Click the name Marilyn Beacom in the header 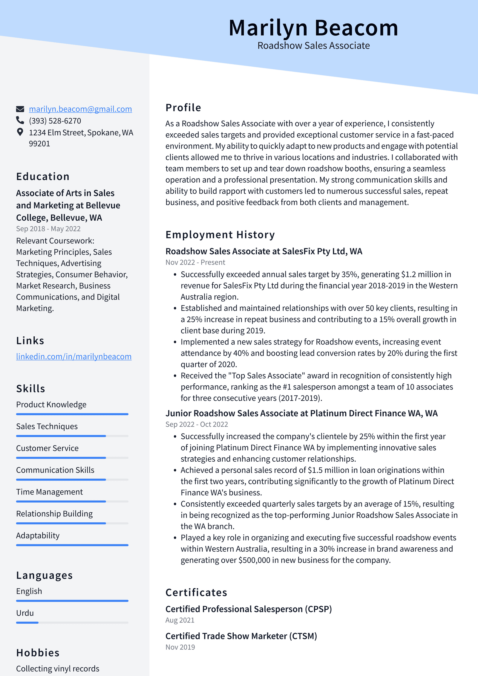pyautogui.click(x=313, y=28)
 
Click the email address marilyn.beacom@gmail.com pyautogui.click(x=80, y=109)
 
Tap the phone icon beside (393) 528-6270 pyautogui.click(x=20, y=120)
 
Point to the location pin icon pyautogui.click(x=20, y=132)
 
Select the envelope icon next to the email pyautogui.click(x=20, y=109)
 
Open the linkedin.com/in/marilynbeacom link pyautogui.click(x=74, y=356)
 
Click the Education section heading pyautogui.click(x=43, y=177)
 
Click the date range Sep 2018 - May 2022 pyautogui.click(x=48, y=229)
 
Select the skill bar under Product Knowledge pyautogui.click(x=72, y=414)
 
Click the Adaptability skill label pyautogui.click(x=38, y=535)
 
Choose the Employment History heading pyautogui.click(x=220, y=235)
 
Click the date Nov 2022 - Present pyautogui.click(x=195, y=262)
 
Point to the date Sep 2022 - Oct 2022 pyautogui.click(x=197, y=424)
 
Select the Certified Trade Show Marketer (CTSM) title pyautogui.click(x=241, y=636)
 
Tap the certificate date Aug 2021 pyautogui.click(x=180, y=620)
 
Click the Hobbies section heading pyautogui.click(x=38, y=653)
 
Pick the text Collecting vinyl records pyautogui.click(x=58, y=669)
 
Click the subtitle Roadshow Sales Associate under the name pyautogui.click(x=313, y=46)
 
